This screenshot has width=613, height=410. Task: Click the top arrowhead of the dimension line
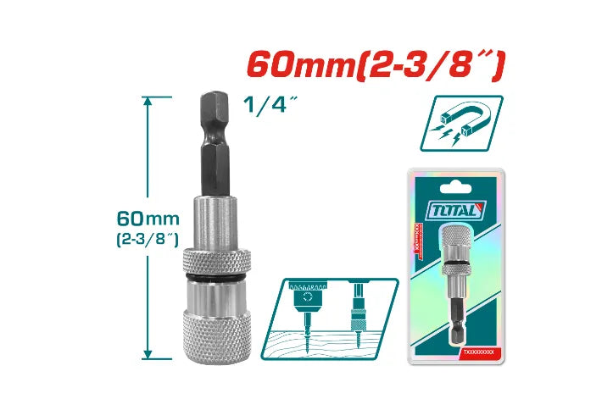click(x=148, y=101)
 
